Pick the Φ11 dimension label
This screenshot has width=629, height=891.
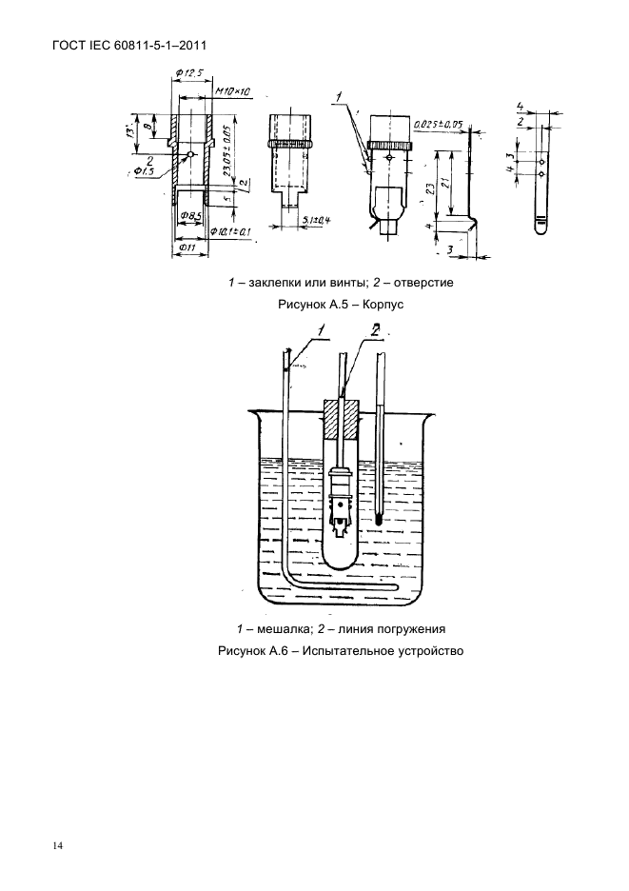187,249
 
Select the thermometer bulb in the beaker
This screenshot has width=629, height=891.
379,520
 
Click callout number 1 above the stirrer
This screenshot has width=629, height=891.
321,330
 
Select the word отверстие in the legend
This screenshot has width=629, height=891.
422,283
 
